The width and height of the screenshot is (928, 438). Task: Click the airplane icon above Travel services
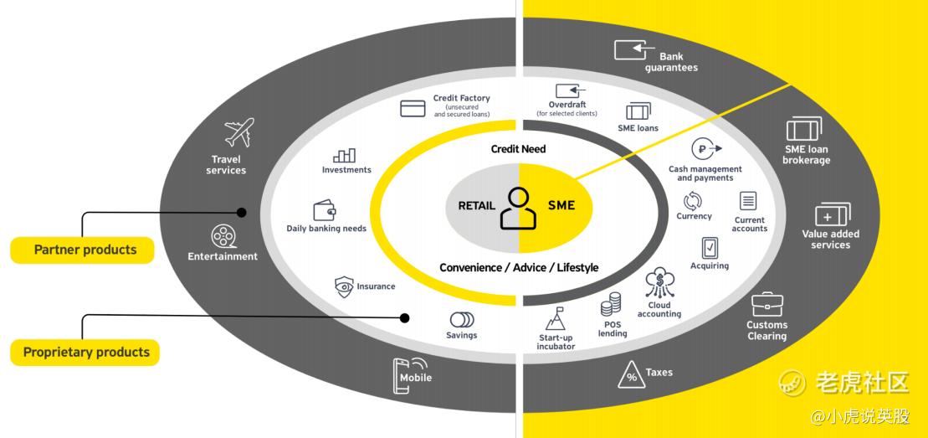coord(238,133)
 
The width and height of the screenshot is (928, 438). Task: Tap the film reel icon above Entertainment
coord(223,235)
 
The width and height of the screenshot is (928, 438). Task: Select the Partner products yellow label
coord(83,250)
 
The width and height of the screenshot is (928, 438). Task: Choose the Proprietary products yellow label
coord(85,352)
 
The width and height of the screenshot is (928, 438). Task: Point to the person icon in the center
coord(519,209)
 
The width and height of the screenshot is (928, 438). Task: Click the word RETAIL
coord(477,205)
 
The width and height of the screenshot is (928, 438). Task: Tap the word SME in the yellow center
coord(561,204)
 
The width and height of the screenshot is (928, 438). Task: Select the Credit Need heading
coord(518,149)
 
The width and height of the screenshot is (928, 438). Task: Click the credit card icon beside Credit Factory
coord(413,108)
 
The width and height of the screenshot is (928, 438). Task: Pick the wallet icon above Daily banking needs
coord(325,210)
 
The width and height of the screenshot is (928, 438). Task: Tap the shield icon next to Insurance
coord(344,286)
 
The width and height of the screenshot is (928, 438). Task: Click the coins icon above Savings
coord(461,319)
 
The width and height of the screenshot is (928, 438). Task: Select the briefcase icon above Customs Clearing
coord(766,304)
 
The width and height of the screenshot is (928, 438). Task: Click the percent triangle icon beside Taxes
coord(631,374)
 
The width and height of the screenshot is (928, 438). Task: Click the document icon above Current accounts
coord(748,201)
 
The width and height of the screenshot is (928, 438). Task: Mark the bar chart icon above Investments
coord(345,155)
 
